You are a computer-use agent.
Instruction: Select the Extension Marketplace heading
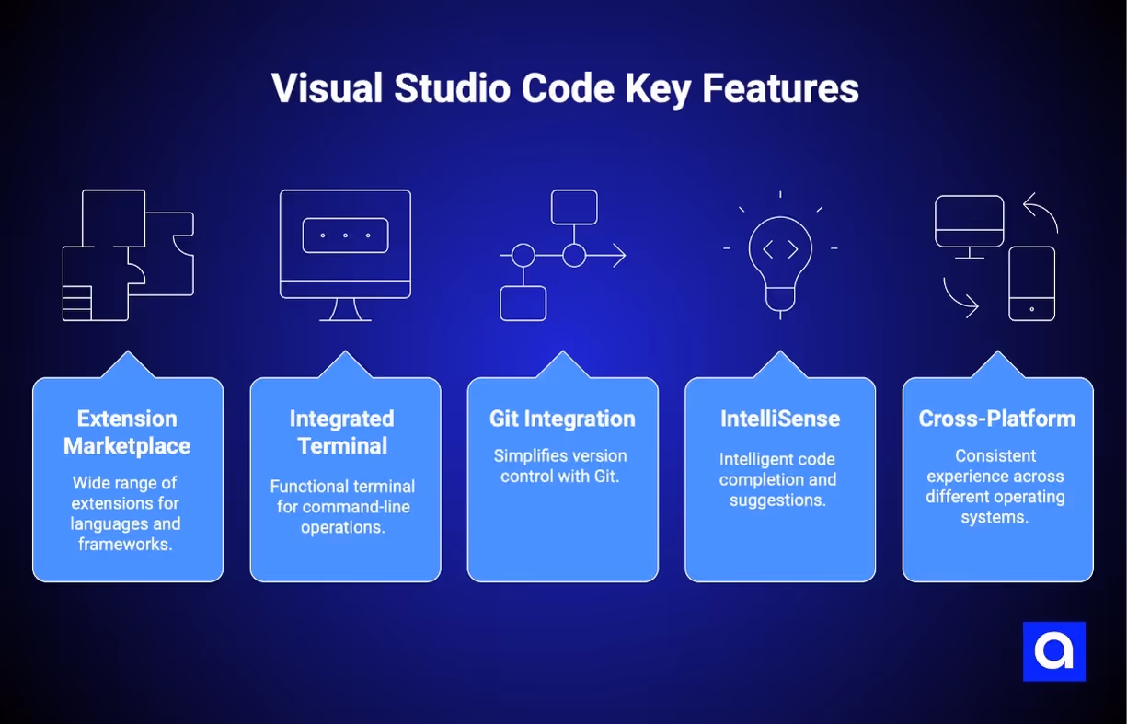(127, 432)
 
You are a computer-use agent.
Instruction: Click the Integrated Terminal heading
(341, 432)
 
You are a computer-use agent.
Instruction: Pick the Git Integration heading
(562, 419)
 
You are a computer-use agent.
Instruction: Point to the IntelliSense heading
(779, 419)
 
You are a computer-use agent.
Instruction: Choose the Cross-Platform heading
(996, 419)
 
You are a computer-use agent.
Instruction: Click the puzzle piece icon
(127, 255)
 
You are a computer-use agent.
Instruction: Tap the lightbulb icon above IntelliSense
(780, 262)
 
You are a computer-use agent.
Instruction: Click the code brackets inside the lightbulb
(780, 249)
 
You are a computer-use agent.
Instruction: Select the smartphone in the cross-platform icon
(1031, 283)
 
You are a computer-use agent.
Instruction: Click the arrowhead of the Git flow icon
(619, 255)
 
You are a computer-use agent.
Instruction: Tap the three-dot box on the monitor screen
(345, 236)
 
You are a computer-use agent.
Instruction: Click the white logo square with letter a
(1053, 651)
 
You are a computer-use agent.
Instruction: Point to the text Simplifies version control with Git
(559, 465)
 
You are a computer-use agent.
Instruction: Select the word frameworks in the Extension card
(127, 544)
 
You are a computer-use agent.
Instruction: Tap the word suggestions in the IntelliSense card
(776, 500)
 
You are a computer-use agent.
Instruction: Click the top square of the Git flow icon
(574, 207)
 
